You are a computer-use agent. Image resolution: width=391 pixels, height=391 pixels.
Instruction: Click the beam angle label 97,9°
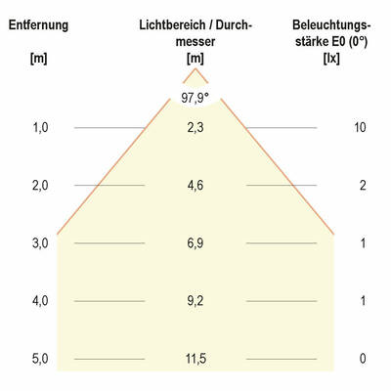[195, 97]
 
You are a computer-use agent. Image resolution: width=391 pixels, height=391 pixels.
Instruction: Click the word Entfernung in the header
[38, 24]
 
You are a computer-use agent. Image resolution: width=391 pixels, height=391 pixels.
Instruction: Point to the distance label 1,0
[39, 128]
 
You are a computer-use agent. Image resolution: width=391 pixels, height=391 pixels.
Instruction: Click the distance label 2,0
[39, 186]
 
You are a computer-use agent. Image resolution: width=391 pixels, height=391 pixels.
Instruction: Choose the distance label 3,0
[39, 243]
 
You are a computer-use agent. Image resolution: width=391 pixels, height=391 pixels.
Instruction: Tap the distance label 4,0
[39, 301]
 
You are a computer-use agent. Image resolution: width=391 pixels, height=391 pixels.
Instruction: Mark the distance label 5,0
[39, 359]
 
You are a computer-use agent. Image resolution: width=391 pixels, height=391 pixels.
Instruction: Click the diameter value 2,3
[195, 128]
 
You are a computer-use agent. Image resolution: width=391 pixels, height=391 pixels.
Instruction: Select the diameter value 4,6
[195, 186]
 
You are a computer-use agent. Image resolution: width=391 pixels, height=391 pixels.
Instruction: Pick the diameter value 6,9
[195, 243]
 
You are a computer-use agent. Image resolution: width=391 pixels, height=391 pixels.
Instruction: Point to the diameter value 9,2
[195, 301]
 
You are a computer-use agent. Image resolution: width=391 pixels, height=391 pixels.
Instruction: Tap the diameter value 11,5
[195, 359]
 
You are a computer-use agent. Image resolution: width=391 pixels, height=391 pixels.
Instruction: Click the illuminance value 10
[362, 128]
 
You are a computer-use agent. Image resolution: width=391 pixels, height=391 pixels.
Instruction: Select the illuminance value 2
[363, 186]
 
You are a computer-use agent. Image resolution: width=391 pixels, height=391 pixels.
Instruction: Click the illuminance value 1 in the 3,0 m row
[363, 243]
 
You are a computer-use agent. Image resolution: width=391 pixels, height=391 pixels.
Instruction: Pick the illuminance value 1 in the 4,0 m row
[363, 301]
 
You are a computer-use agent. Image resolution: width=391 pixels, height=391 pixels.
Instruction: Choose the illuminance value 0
[363, 359]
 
